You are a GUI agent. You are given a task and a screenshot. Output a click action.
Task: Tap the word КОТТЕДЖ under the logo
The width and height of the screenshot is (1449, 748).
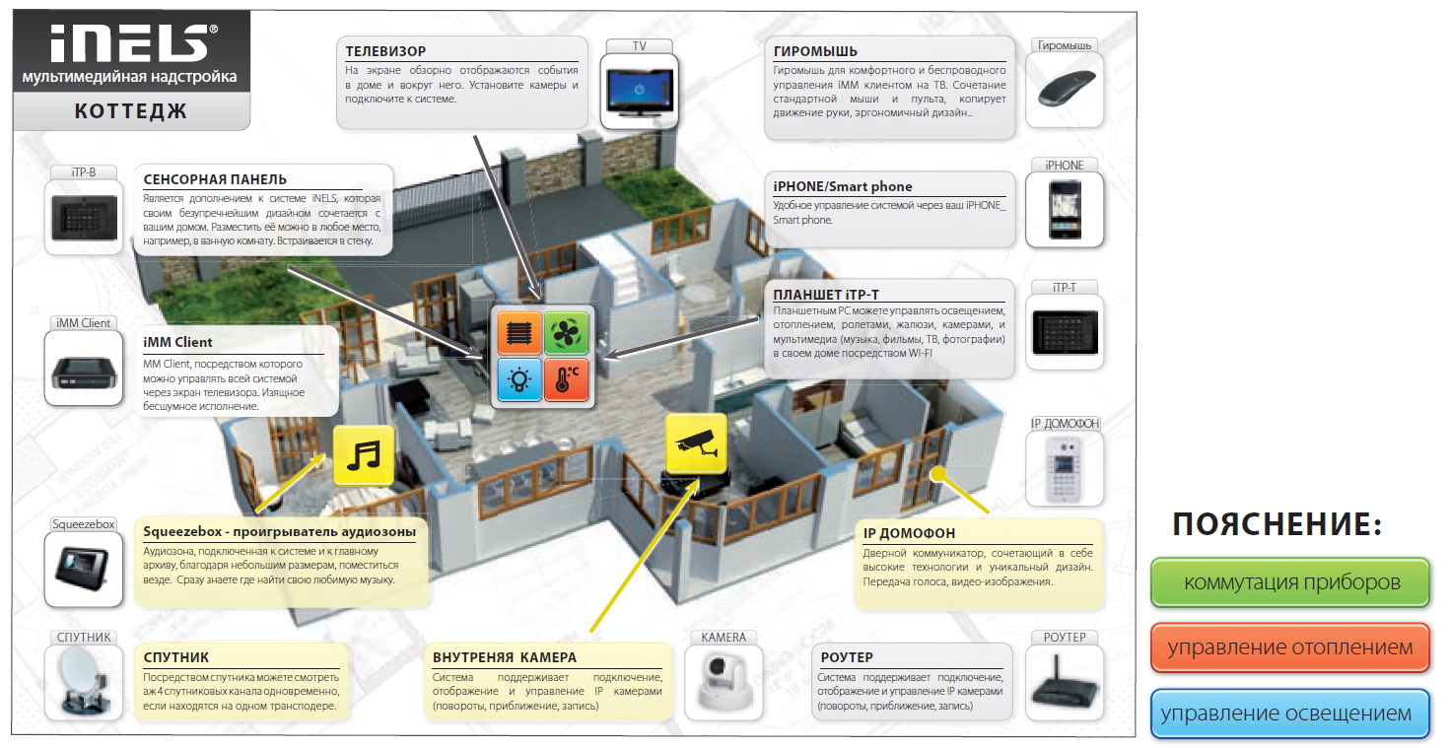coord(131,111)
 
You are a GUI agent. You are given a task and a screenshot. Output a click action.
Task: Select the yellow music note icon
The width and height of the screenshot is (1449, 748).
coord(364,455)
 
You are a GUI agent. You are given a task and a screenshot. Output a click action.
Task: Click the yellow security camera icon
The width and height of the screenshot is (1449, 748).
coord(696,442)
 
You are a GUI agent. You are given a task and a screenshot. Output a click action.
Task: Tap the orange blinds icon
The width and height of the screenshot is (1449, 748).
coord(518,332)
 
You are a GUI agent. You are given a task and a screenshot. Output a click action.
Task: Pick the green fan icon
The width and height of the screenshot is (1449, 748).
coord(566,332)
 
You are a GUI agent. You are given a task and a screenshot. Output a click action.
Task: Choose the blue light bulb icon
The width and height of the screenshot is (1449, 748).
coord(518,379)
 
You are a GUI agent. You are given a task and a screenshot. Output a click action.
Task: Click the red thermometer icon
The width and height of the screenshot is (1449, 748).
coord(566,379)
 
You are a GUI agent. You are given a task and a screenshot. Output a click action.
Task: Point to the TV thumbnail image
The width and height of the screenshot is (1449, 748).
coord(639,92)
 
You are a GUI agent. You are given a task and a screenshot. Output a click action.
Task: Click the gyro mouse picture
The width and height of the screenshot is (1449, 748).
coord(1065,90)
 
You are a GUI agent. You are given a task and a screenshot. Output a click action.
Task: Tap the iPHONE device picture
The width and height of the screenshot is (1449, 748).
coord(1065,210)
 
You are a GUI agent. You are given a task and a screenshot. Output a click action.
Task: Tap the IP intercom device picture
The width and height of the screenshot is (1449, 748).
coord(1065,469)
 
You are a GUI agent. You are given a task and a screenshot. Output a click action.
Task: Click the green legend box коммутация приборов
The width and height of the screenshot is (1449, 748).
coord(1290,582)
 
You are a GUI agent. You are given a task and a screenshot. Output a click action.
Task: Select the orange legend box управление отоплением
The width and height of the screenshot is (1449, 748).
coord(1290,647)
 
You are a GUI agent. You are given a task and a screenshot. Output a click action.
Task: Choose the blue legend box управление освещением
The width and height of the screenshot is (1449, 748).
coord(1290,714)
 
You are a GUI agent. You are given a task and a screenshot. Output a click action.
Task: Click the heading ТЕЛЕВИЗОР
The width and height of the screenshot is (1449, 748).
coord(385,51)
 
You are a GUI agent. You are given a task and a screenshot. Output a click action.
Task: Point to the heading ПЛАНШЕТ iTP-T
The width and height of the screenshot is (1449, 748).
coord(826,295)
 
